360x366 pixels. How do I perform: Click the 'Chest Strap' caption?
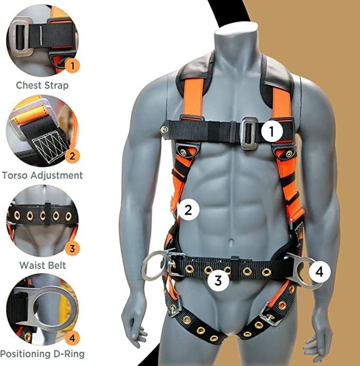42,85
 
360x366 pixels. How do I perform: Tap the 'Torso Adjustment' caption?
42,175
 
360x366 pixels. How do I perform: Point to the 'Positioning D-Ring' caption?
42,353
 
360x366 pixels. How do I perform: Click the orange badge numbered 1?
74,66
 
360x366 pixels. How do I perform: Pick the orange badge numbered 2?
74,156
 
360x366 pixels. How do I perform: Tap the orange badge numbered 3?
74,247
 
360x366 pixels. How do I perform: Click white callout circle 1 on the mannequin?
271,130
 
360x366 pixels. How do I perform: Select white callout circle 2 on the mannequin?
187,210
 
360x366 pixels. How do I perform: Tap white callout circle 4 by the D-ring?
319,272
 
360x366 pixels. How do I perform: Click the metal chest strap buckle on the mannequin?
247,130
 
